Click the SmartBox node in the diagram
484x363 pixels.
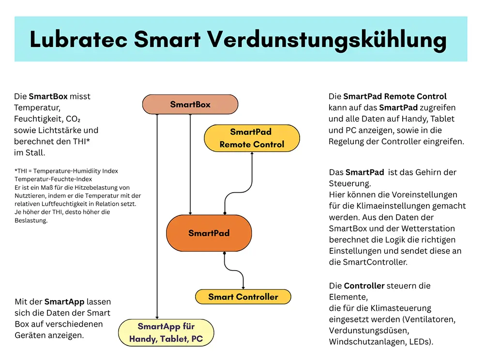190,105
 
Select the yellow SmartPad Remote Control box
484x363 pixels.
252,138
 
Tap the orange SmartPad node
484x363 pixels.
209,233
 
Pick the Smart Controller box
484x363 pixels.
243,297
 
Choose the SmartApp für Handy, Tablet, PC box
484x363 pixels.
166,333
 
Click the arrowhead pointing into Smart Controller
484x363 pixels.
243,287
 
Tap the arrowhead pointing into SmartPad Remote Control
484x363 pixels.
252,153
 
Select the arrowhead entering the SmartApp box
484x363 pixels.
157,317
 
